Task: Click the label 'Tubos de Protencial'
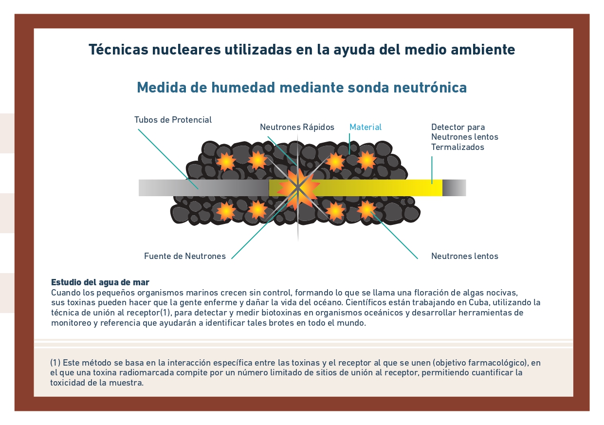click(x=173, y=120)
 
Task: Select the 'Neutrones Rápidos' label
click(x=297, y=127)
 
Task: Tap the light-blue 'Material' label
click(x=366, y=127)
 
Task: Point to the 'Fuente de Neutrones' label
click(x=185, y=256)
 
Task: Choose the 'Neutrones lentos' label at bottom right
click(x=465, y=256)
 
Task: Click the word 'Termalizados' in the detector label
click(x=458, y=147)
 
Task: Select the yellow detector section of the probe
click(x=355, y=188)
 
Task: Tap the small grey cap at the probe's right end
click(x=454, y=188)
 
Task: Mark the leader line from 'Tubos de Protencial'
click(x=168, y=159)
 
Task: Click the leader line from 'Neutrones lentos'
click(x=394, y=235)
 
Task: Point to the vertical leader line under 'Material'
click(x=349, y=144)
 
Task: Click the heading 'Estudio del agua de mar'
click(x=100, y=282)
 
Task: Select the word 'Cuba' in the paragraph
click(x=478, y=302)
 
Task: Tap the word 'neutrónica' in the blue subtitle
click(x=430, y=87)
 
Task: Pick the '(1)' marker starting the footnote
click(x=55, y=363)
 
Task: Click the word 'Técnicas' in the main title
click(x=118, y=50)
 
